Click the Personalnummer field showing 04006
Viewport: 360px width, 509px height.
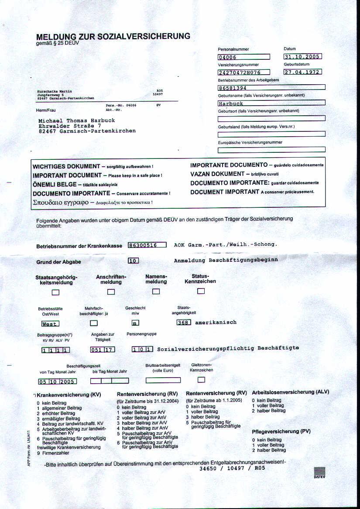243,57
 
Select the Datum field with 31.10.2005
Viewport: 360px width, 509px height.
302,56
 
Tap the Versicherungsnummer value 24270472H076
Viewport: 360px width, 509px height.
243,72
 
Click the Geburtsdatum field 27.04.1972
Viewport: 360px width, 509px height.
302,72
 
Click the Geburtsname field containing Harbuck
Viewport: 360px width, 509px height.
271,103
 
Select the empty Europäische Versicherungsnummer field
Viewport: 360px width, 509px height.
271,150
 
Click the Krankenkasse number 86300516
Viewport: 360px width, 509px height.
147,245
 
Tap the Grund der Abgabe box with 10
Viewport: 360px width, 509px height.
133,261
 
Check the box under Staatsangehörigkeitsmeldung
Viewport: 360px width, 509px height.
56,292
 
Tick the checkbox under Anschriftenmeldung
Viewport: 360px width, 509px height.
111,292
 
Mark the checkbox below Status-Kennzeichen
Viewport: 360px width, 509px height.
201,291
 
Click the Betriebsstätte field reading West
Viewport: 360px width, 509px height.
50,324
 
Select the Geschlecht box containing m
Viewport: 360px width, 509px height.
135,323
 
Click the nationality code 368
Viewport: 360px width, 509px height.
184,323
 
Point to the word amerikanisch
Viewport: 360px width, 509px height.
216,323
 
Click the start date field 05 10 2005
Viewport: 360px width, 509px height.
57,381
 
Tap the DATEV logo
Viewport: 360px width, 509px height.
319,473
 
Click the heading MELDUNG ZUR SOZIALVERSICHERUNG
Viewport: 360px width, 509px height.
113,37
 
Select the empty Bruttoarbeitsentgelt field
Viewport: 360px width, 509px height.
163,380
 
